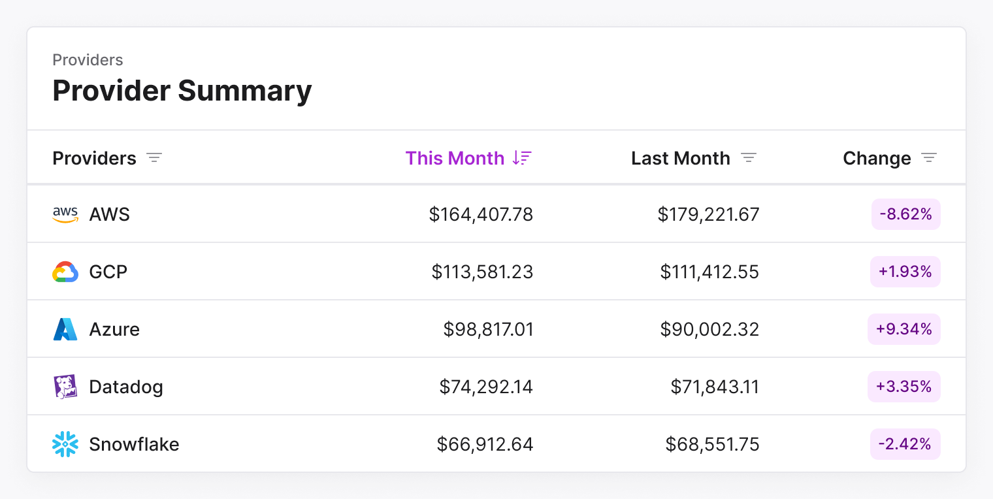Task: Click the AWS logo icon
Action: pyautogui.click(x=65, y=214)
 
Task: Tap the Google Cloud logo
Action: pyautogui.click(x=65, y=272)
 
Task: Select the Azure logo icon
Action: pyautogui.click(x=65, y=329)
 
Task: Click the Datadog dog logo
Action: pyautogui.click(x=65, y=387)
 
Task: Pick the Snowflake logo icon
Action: pyautogui.click(x=65, y=444)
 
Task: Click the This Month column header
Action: pyautogui.click(x=455, y=158)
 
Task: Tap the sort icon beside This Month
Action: pyautogui.click(x=522, y=158)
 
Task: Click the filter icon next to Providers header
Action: pyautogui.click(x=154, y=158)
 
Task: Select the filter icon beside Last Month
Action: pyautogui.click(x=749, y=158)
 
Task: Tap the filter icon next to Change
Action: pyautogui.click(x=929, y=158)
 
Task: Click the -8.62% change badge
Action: pyautogui.click(x=905, y=214)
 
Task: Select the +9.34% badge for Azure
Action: pyautogui.click(x=904, y=329)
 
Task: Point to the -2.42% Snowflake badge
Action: pyautogui.click(x=905, y=444)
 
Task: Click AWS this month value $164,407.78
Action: pyautogui.click(x=481, y=214)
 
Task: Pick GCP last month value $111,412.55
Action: pyautogui.click(x=709, y=272)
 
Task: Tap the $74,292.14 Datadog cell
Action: pyautogui.click(x=486, y=387)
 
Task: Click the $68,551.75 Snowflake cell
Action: pyautogui.click(x=712, y=444)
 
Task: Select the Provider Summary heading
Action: pyautogui.click(x=182, y=90)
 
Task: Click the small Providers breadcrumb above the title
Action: pyautogui.click(x=88, y=60)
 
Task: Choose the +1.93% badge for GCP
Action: pyautogui.click(x=905, y=272)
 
